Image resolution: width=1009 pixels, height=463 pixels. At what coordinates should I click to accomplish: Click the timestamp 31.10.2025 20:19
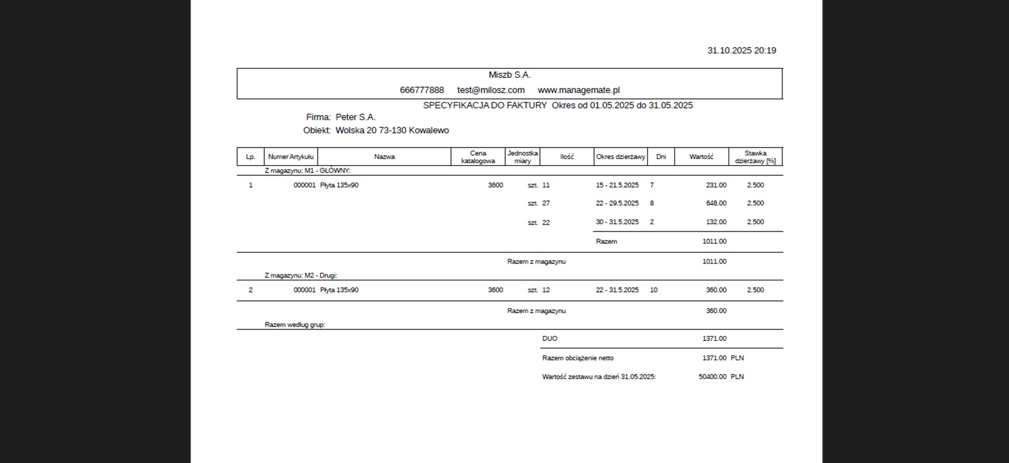pos(742,50)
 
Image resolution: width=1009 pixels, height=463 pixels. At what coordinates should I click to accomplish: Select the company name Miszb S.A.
pos(509,75)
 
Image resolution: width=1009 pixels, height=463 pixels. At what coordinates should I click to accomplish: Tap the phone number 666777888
pos(421,90)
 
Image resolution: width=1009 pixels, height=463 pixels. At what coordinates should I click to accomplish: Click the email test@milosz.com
pos(491,90)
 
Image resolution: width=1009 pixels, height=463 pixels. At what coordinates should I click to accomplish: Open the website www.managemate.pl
pos(579,90)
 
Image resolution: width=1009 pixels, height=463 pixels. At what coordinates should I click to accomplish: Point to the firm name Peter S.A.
pos(355,117)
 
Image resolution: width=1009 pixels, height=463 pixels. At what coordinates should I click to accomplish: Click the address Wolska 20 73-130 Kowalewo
pos(392,130)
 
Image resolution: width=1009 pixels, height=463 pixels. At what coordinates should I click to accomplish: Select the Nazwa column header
pos(384,157)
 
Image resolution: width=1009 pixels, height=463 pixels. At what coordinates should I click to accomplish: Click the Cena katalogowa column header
pos(478,157)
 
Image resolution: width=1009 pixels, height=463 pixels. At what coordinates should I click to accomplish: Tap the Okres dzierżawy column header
pos(620,157)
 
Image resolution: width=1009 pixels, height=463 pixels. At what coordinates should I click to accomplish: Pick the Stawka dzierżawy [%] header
pos(755,157)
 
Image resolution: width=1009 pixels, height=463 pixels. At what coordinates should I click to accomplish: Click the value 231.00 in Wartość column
pos(716,185)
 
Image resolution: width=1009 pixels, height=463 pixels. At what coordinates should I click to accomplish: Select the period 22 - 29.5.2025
pos(617,203)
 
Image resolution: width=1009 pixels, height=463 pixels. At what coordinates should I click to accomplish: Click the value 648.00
pos(716,203)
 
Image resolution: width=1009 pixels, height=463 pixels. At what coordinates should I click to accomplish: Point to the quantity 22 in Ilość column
pos(546,222)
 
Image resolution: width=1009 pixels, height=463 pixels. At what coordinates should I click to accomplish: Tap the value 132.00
pos(716,222)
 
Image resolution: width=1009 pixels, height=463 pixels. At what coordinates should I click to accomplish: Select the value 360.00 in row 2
pos(716,290)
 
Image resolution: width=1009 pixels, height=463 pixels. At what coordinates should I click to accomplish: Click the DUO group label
pos(550,338)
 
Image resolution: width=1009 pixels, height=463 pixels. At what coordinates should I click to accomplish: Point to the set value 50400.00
pos(712,377)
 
